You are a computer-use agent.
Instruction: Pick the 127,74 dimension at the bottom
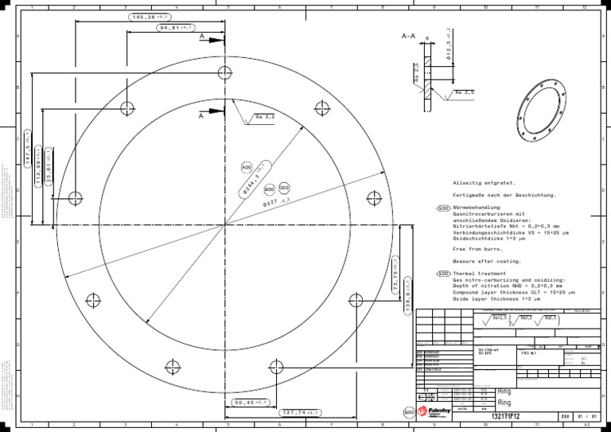pos(302,413)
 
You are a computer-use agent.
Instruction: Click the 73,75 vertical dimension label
pos(395,278)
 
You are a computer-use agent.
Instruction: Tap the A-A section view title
pos(409,36)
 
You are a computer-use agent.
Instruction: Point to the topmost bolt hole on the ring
pos(225,73)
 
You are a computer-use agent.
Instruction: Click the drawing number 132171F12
pos(506,416)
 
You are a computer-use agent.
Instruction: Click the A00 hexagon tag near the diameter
pos(246,167)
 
